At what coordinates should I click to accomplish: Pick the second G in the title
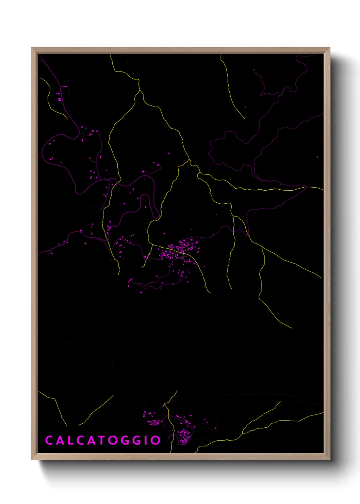(x=135, y=440)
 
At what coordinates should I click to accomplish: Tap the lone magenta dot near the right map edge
(x=317, y=157)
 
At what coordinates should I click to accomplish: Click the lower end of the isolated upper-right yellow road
(x=244, y=119)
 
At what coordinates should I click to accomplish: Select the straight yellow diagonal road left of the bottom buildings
(x=97, y=410)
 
